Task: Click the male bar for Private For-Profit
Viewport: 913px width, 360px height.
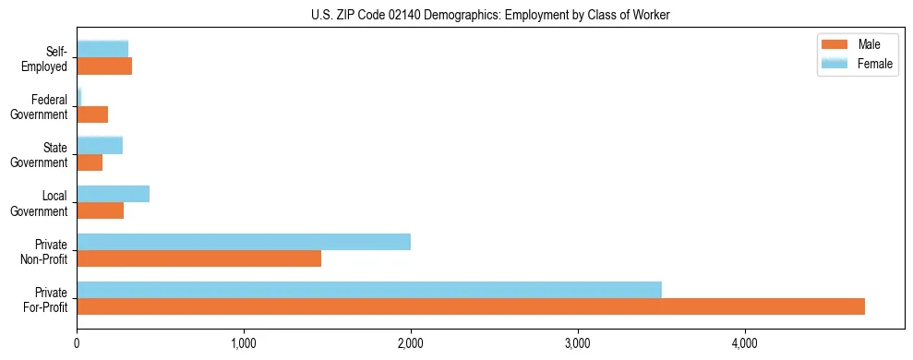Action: click(471, 306)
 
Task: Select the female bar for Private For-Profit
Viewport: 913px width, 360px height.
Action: click(369, 290)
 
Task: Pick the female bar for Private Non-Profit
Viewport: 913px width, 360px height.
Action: click(244, 242)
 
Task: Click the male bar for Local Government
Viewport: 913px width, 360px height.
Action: click(100, 210)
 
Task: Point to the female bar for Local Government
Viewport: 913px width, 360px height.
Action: click(113, 194)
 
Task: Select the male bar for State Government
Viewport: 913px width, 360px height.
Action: click(90, 162)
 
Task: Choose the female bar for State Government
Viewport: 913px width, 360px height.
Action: click(100, 146)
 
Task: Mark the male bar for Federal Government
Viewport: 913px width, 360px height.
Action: click(92, 114)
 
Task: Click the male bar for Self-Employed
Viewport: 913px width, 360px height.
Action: click(104, 66)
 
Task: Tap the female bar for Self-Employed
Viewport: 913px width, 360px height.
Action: click(102, 50)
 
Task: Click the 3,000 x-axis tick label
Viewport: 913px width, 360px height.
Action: click(578, 343)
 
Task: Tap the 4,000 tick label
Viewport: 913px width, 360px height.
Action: click(744, 343)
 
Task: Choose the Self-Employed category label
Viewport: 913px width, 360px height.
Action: click(47, 58)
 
